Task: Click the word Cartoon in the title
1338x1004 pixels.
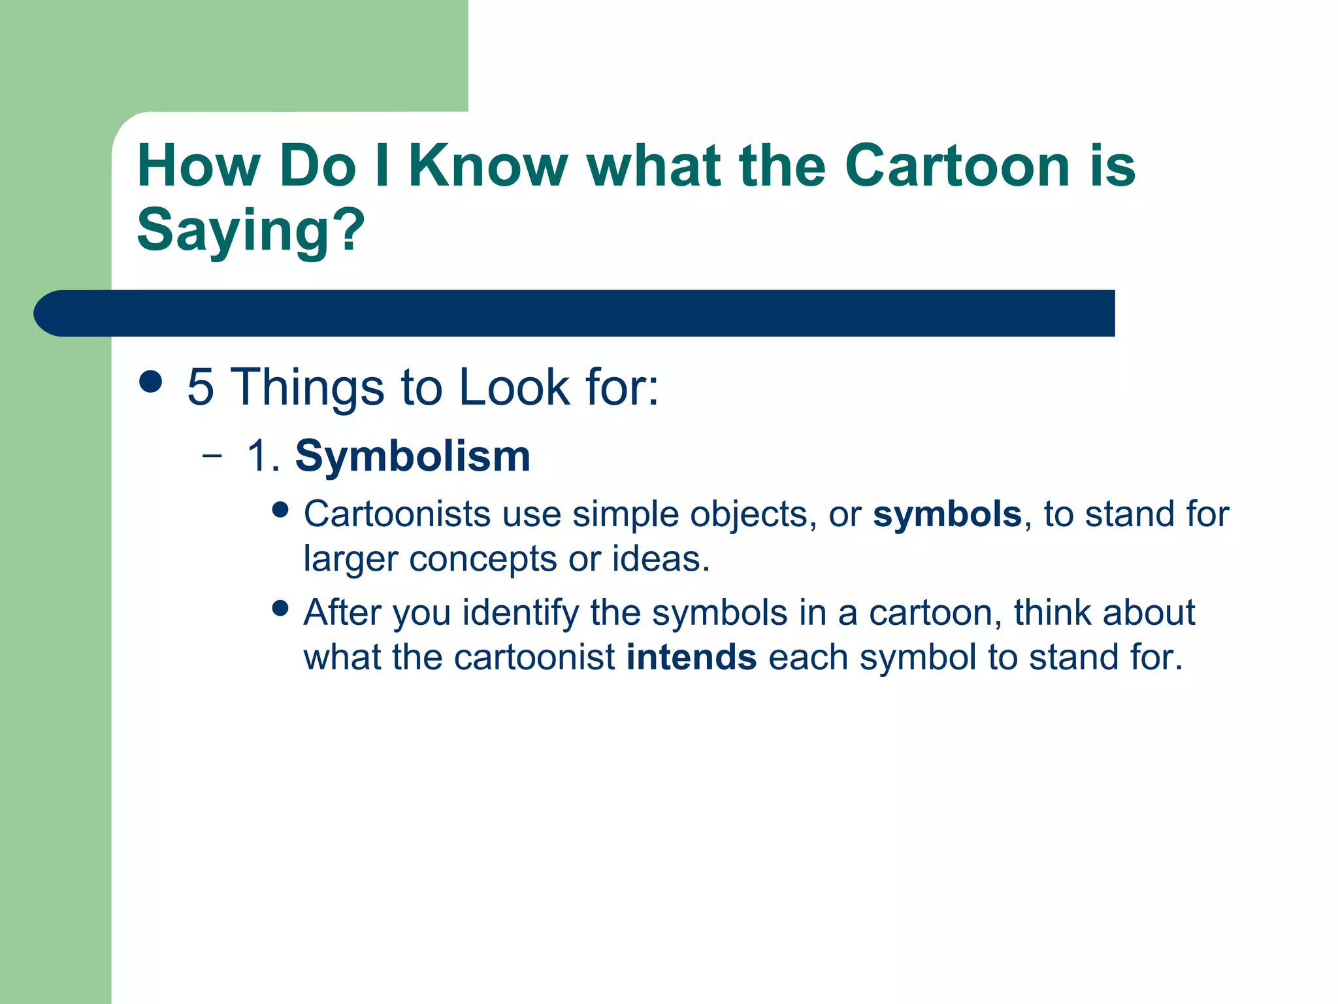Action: (956, 166)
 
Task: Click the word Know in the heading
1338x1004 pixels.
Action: (487, 166)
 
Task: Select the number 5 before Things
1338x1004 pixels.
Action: (200, 387)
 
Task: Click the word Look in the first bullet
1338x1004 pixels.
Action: (514, 387)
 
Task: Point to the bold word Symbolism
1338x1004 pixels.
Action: (412, 456)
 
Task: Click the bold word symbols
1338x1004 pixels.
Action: (947, 514)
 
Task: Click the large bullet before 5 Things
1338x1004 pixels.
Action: (151, 382)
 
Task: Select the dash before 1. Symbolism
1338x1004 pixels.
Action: (212, 456)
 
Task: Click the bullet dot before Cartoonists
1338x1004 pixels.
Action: (280, 510)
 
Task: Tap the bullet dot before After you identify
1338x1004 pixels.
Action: (280, 609)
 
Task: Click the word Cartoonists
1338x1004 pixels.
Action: (397, 514)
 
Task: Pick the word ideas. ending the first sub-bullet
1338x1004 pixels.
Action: (660, 559)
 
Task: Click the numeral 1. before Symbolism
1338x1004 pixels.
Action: (263, 456)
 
